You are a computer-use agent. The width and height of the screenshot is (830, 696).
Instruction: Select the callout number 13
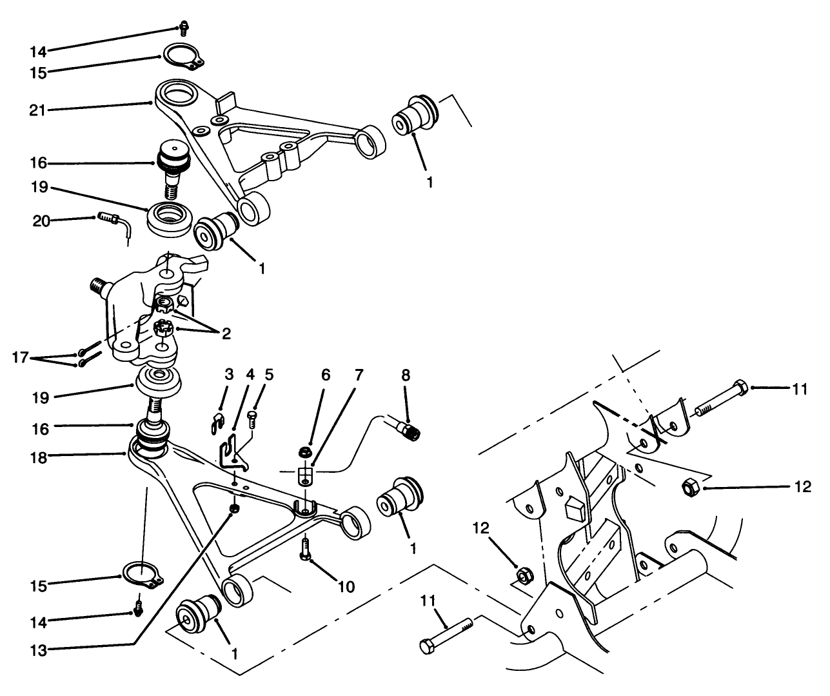(x=37, y=650)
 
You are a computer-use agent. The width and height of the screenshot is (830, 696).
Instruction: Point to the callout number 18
(x=37, y=455)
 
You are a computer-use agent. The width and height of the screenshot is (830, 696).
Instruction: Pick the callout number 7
(x=359, y=375)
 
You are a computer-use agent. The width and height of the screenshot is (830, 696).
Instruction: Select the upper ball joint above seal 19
(x=172, y=161)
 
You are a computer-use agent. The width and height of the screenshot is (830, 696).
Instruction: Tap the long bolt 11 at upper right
(x=719, y=399)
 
